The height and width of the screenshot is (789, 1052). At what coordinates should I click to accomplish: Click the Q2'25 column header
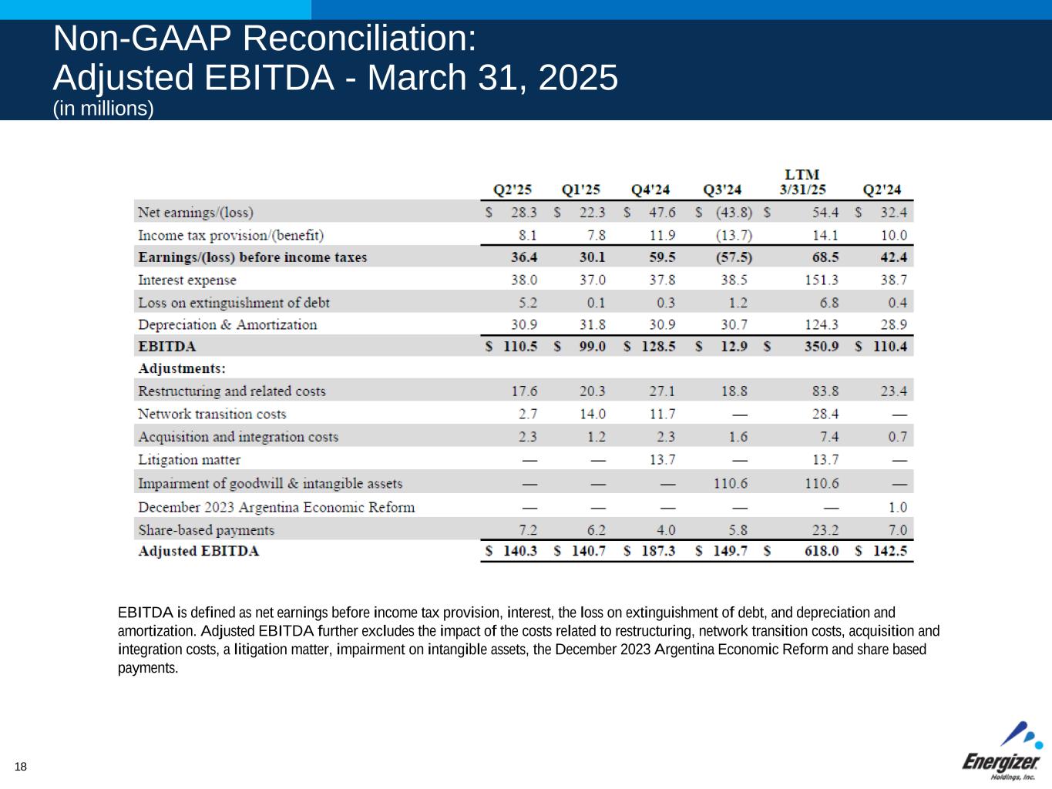(512, 190)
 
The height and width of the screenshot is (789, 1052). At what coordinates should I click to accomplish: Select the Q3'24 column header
(722, 190)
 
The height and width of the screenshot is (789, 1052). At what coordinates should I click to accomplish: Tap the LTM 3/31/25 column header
(802, 183)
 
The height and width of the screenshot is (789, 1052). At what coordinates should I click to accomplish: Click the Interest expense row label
(187, 280)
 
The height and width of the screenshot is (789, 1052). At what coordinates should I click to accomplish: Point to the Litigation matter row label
(189, 460)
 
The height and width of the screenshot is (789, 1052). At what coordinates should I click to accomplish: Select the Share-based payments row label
(206, 530)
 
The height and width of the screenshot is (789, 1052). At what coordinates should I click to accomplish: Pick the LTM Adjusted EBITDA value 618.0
(822, 552)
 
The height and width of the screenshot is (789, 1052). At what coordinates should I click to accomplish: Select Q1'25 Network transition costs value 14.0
(593, 415)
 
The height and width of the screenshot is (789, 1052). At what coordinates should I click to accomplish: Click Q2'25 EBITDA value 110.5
(520, 347)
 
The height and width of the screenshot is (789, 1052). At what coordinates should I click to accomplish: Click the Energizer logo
(1001, 752)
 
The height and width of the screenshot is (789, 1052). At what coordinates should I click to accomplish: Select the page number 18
(20, 767)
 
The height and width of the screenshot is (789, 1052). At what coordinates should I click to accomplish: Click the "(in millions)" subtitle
(103, 109)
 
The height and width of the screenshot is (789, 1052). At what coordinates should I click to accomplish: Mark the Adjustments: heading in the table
(182, 369)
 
